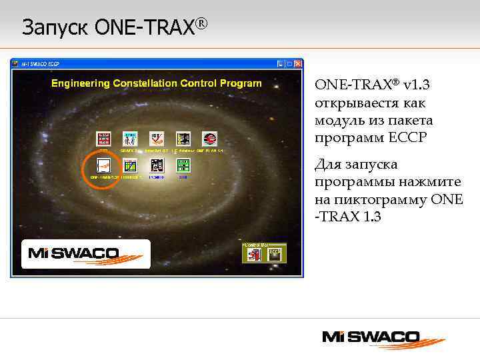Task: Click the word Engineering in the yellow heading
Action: tap(82, 83)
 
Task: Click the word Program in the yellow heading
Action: tap(241, 83)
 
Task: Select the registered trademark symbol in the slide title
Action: tap(202, 24)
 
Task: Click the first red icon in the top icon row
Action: tap(103, 139)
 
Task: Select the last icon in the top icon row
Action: tap(209, 139)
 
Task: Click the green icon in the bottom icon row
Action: tap(183, 165)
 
